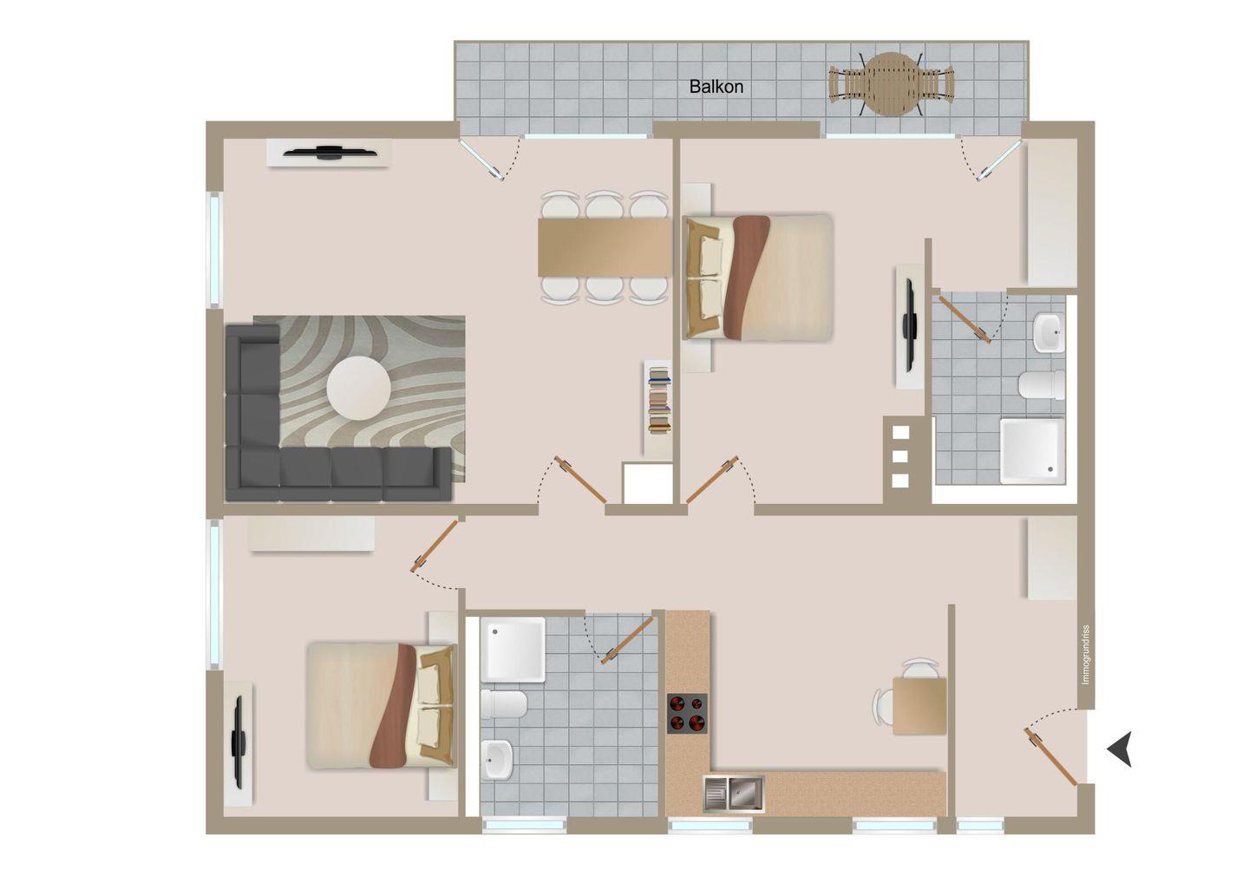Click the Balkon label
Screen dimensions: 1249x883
point(716,87)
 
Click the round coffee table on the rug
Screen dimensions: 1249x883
point(358,388)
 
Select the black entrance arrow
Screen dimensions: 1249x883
point(1120,748)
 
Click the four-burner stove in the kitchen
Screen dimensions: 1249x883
point(687,713)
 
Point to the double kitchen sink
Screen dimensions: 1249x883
point(733,794)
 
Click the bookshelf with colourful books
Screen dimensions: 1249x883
point(659,402)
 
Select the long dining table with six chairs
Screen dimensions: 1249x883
point(605,247)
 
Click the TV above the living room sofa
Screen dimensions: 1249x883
point(328,152)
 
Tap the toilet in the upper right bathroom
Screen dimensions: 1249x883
point(1042,384)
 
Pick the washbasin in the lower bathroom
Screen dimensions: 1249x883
point(497,759)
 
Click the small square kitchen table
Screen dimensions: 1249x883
point(919,706)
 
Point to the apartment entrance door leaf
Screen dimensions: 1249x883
point(1050,756)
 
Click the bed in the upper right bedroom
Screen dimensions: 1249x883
point(758,278)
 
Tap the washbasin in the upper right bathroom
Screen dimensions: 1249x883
point(1049,332)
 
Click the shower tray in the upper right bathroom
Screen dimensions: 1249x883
point(1032,451)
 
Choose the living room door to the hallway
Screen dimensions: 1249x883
point(580,480)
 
